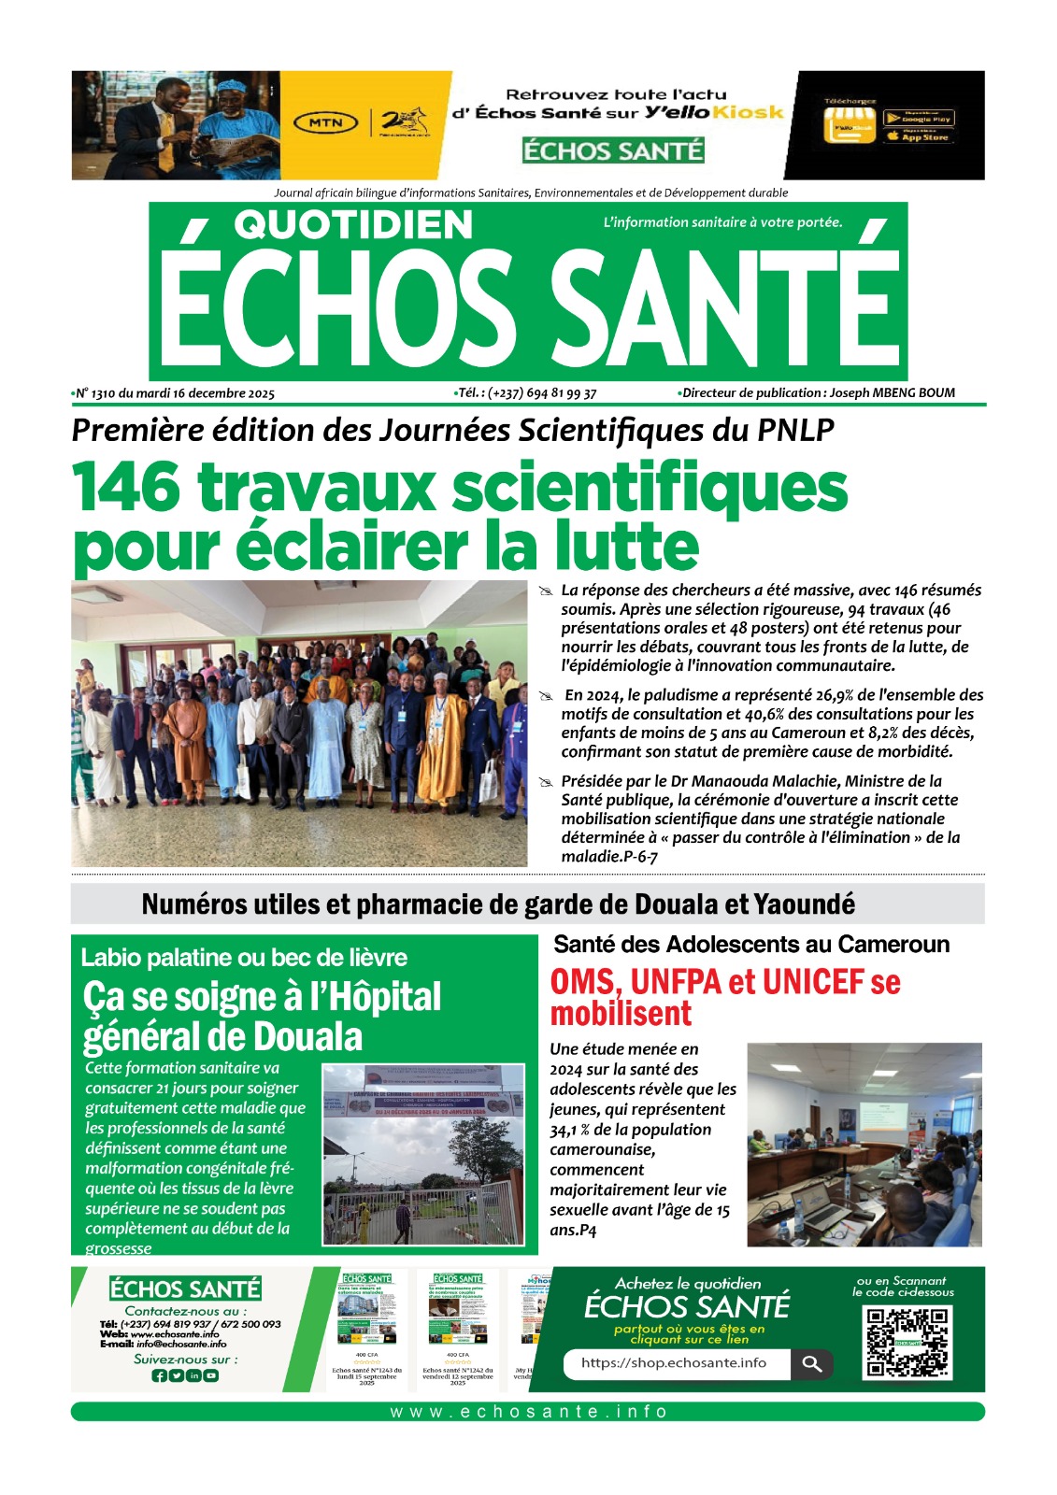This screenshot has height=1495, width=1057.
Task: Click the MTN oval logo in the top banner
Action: (326, 122)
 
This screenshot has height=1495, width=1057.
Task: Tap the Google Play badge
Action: (919, 119)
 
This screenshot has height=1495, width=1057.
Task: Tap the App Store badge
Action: (919, 137)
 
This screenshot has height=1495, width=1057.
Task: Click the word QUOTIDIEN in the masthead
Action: (353, 225)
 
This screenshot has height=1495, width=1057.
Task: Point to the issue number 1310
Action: (103, 393)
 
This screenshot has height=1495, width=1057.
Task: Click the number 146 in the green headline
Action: (126, 488)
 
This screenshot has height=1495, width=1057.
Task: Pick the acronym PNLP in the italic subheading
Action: (795, 430)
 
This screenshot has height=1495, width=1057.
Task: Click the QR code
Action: (907, 1343)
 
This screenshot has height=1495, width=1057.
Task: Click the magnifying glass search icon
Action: (812, 1364)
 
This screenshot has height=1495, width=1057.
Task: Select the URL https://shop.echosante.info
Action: (673, 1363)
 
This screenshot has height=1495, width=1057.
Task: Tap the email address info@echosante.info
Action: (181, 1345)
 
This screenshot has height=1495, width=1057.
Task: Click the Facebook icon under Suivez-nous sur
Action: (159, 1375)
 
